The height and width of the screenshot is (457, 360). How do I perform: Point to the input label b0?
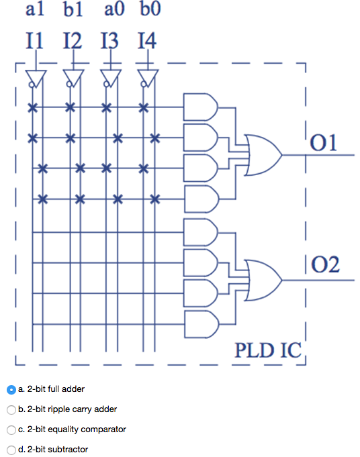[150, 12]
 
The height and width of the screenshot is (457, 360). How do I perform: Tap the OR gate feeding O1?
[264, 152]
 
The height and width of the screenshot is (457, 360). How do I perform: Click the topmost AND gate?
[201, 106]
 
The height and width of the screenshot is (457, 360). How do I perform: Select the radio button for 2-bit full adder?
[11, 389]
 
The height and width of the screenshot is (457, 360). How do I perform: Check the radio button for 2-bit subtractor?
[11, 449]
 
